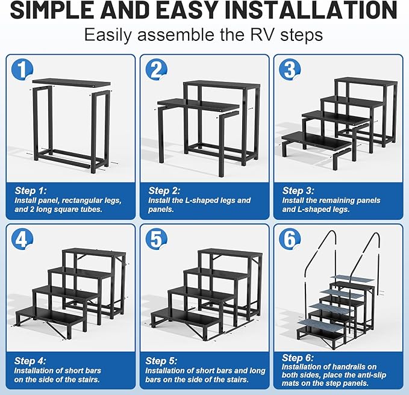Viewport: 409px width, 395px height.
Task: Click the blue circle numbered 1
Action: click(x=22, y=70)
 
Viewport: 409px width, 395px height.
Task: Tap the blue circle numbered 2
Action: click(x=155, y=70)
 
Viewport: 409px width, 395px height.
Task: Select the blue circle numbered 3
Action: click(x=289, y=70)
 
